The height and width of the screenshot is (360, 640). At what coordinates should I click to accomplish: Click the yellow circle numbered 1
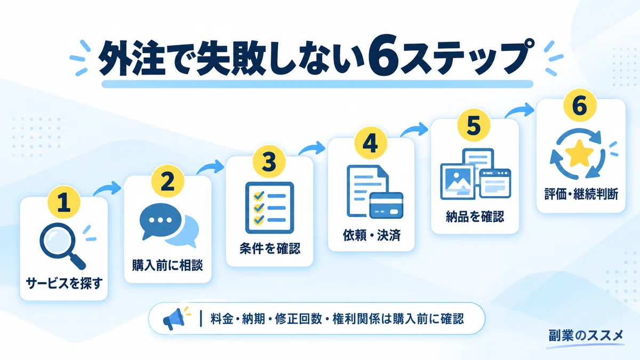(63, 202)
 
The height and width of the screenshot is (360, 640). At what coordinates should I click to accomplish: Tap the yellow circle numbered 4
(371, 143)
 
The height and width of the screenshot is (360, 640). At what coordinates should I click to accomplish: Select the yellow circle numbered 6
(580, 105)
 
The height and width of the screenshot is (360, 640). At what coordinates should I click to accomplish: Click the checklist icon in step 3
(269, 207)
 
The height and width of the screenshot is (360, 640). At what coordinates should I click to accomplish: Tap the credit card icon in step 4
(386, 205)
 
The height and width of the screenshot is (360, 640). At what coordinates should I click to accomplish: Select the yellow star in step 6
(579, 154)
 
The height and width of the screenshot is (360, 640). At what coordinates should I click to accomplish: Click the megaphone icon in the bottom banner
(174, 318)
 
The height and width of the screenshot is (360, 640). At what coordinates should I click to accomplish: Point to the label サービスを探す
(64, 284)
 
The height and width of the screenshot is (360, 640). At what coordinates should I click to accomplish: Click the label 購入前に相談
(167, 266)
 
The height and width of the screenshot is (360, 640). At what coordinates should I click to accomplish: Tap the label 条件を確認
(270, 249)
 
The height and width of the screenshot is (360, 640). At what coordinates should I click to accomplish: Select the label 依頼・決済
(371, 235)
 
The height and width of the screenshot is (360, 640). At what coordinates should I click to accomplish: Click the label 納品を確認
(475, 217)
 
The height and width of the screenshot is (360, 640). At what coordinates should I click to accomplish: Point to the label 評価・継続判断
(581, 194)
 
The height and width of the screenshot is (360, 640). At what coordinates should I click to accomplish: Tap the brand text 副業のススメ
(586, 335)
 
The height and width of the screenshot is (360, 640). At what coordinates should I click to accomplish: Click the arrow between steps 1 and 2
(107, 189)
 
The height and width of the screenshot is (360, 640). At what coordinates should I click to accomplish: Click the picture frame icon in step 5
(457, 181)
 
